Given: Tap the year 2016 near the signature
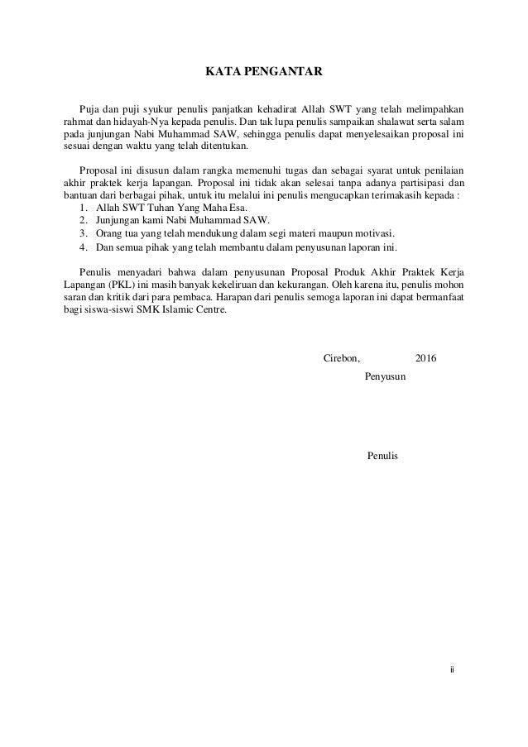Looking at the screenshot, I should tap(425, 357).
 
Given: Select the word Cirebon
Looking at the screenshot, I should tap(340, 357).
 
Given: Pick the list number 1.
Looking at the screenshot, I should tap(83, 208).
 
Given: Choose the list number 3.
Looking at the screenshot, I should tap(83, 234).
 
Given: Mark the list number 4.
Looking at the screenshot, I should tap(83, 247).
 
